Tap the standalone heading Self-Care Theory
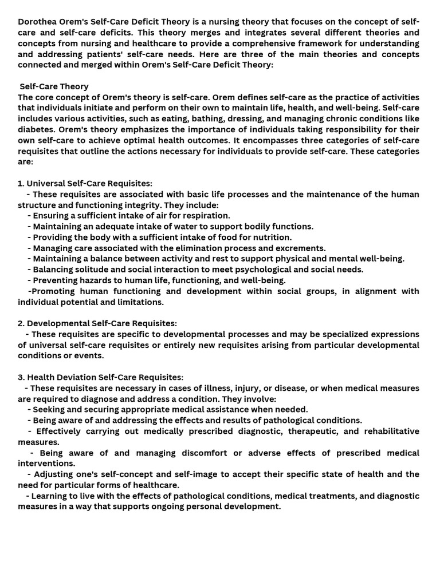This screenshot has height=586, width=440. coord(54,86)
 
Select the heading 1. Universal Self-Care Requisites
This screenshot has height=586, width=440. coord(85,183)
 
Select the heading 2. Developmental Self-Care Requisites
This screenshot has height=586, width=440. coord(97,323)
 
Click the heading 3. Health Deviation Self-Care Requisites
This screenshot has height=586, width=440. coord(101,377)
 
